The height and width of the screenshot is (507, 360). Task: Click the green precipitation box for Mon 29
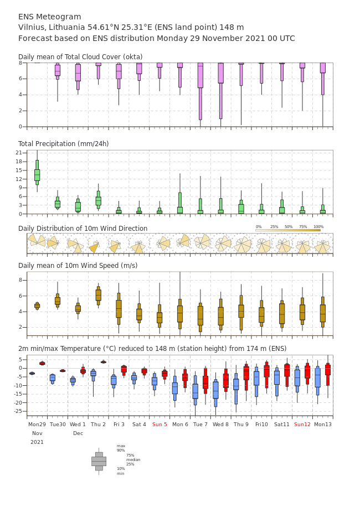(x=37, y=172)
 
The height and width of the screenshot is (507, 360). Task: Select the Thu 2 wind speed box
(x=99, y=296)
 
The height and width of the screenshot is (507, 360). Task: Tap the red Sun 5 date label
(x=160, y=424)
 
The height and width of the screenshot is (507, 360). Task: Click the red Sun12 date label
(x=302, y=424)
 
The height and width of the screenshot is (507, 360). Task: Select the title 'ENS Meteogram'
(x=49, y=17)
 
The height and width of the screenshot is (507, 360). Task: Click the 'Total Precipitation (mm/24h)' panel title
(x=63, y=144)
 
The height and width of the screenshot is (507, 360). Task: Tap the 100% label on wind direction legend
(x=318, y=227)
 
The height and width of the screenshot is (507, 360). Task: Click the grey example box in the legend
(x=99, y=462)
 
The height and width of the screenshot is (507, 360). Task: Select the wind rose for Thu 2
(x=94, y=247)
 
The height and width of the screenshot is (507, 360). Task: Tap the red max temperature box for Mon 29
(x=42, y=364)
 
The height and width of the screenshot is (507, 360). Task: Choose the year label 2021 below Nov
(x=37, y=442)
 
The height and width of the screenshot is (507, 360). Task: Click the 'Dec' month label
(x=78, y=433)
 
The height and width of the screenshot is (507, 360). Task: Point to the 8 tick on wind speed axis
(x=20, y=280)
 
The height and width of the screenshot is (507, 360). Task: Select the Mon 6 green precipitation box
(x=180, y=203)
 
